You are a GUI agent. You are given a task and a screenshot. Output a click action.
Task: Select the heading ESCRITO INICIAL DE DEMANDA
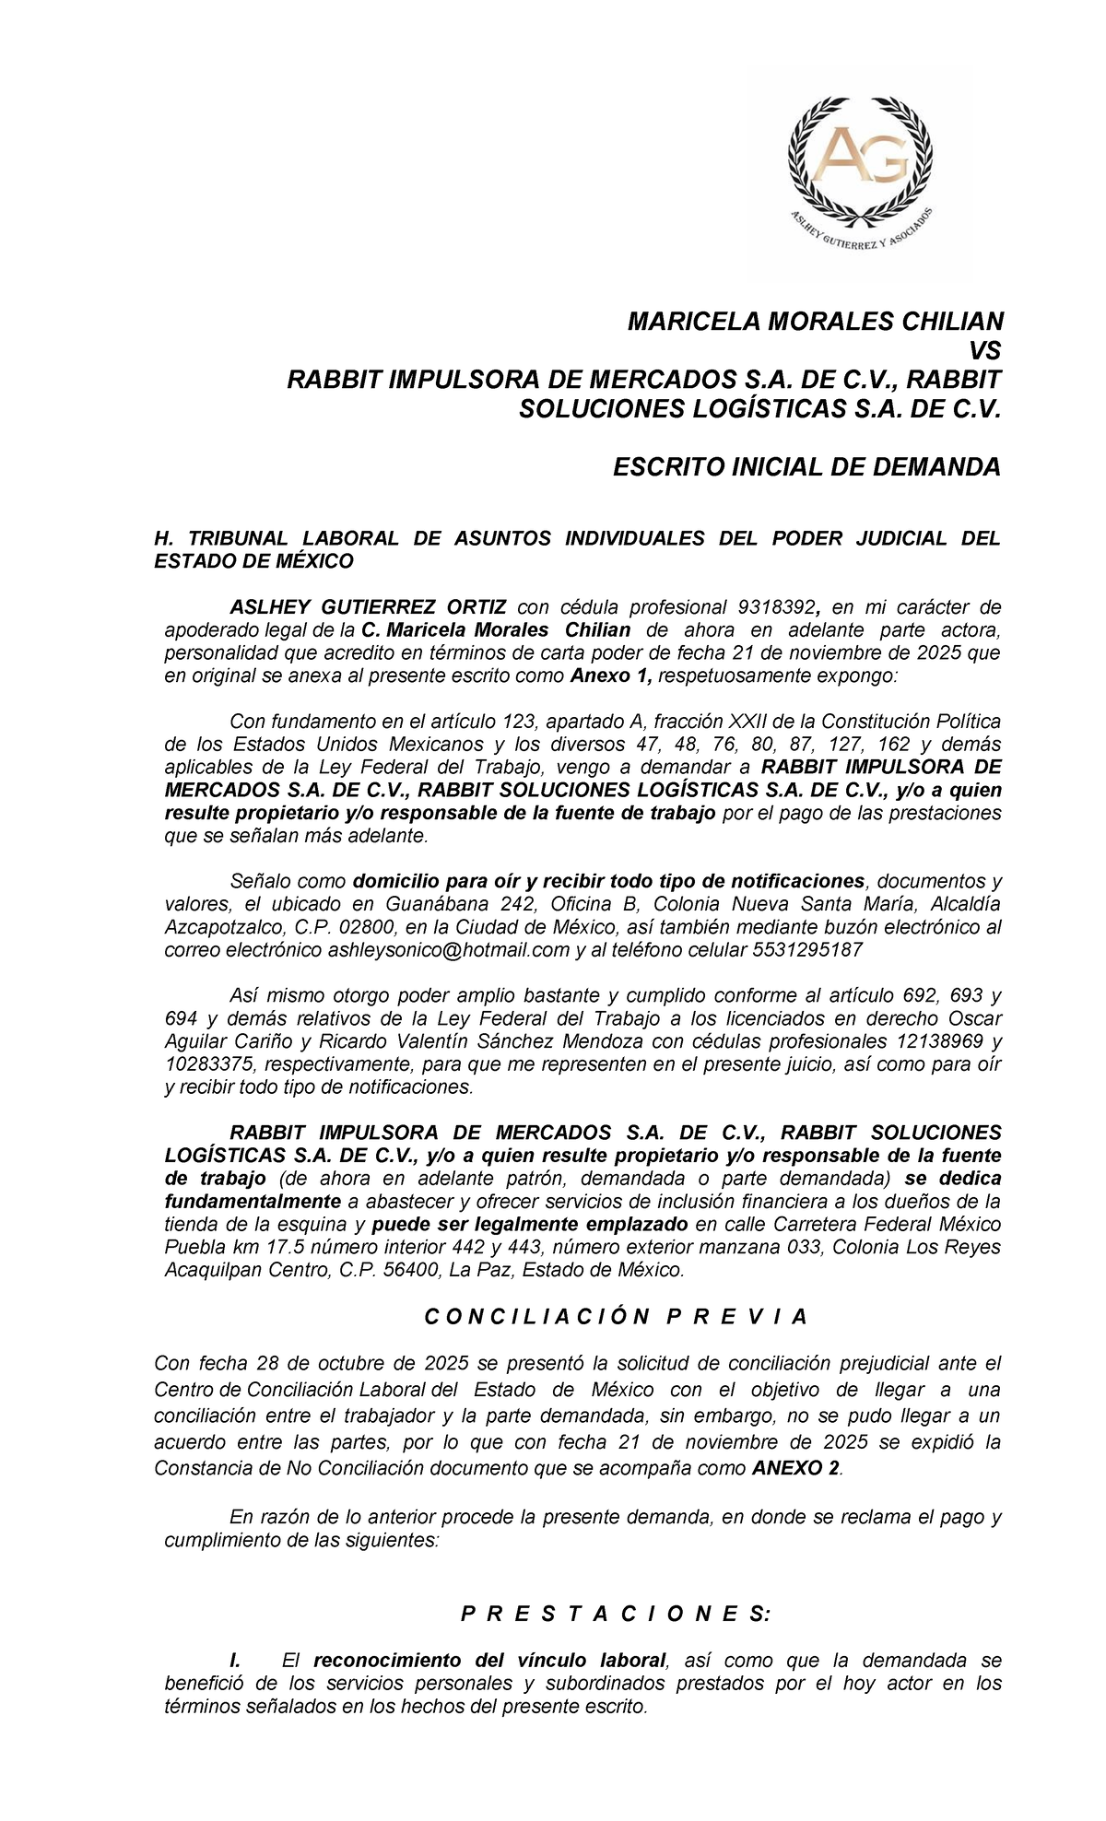(806, 467)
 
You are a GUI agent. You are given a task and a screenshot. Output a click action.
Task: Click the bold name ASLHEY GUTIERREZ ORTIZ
(368, 607)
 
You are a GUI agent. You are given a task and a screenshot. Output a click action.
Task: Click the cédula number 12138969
(940, 1041)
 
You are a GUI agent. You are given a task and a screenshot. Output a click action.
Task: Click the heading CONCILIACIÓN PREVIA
(616, 1317)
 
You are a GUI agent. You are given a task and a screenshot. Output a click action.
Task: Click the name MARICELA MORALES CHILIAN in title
(815, 322)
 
